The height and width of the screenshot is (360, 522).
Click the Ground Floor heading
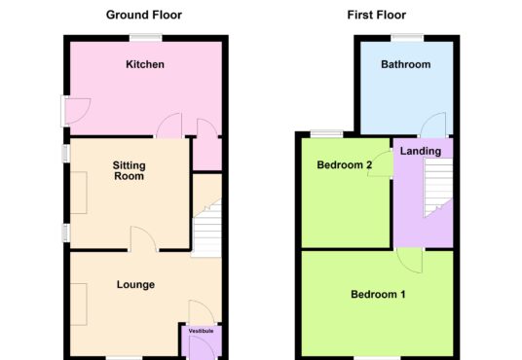click(x=144, y=15)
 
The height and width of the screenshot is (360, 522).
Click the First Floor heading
click(x=377, y=15)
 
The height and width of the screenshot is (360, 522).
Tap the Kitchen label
click(x=145, y=64)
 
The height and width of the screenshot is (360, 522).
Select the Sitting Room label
click(x=130, y=170)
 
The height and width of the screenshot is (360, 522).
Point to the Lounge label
click(x=135, y=284)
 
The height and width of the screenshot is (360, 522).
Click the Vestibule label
click(x=201, y=331)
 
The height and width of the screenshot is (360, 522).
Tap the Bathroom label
click(x=406, y=64)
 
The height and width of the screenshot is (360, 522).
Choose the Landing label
click(x=421, y=151)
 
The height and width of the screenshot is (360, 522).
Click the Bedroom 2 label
click(x=344, y=164)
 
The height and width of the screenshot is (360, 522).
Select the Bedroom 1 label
click(x=378, y=294)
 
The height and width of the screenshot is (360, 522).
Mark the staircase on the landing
click(x=438, y=187)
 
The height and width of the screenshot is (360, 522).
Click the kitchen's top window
click(x=146, y=38)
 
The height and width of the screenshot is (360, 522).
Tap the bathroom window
click(x=407, y=38)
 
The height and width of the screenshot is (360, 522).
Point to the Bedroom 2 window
click(x=326, y=133)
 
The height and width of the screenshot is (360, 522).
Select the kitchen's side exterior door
click(x=75, y=111)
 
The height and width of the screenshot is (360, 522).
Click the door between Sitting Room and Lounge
click(x=143, y=238)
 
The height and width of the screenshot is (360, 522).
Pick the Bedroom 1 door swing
click(x=410, y=260)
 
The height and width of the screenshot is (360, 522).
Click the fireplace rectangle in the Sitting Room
click(x=79, y=193)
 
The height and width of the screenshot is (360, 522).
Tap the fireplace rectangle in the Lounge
click(x=79, y=305)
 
